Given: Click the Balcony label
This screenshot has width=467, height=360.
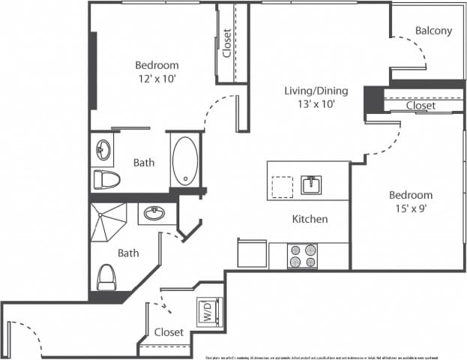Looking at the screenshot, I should (433, 31).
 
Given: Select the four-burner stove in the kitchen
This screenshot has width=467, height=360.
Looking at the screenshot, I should (303, 255).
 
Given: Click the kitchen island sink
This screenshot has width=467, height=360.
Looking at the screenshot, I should (311, 184).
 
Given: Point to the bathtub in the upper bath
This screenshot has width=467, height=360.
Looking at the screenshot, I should (184, 160).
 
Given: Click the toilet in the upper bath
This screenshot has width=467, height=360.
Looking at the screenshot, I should (107, 179).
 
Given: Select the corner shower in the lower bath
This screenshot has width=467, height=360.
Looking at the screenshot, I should (109, 221).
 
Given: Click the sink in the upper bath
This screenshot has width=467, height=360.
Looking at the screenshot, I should (103, 151).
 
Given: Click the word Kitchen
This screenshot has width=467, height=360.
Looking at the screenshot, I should (310, 220).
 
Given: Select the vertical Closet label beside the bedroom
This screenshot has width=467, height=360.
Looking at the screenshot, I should (226, 43).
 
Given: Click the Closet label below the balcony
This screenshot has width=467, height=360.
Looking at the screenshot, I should (421, 106).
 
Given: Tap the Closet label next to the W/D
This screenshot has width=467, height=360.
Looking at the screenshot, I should (169, 331).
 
